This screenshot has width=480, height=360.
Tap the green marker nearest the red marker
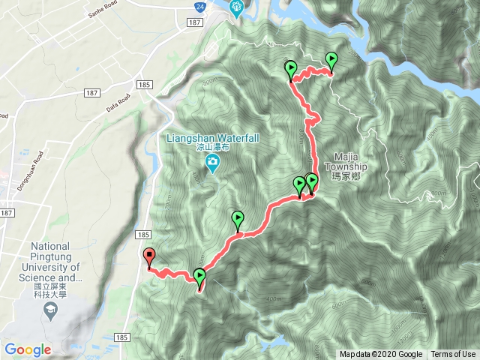click(199, 277)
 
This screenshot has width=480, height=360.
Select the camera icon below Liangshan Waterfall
click(212, 163)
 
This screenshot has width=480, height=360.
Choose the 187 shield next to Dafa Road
click(92, 93)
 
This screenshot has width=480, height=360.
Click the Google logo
click(28, 349)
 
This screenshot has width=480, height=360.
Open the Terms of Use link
click(453, 355)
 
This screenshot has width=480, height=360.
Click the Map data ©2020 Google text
click(380, 355)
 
